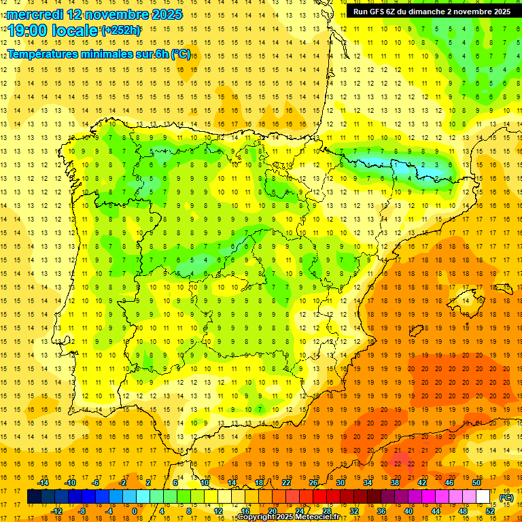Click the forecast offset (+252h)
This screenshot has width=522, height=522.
[x=121, y=31]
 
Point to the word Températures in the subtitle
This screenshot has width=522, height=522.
[x=41, y=54]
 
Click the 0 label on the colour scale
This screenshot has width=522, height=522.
[x=134, y=511]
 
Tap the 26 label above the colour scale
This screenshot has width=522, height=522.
[x=313, y=483]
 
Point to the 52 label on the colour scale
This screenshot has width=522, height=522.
[x=490, y=511]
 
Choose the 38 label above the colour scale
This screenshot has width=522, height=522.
[x=394, y=483]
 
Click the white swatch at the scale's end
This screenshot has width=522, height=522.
[x=483, y=497]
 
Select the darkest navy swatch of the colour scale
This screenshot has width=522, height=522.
[x=34, y=497]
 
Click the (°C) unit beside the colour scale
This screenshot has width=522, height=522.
[x=506, y=498]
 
